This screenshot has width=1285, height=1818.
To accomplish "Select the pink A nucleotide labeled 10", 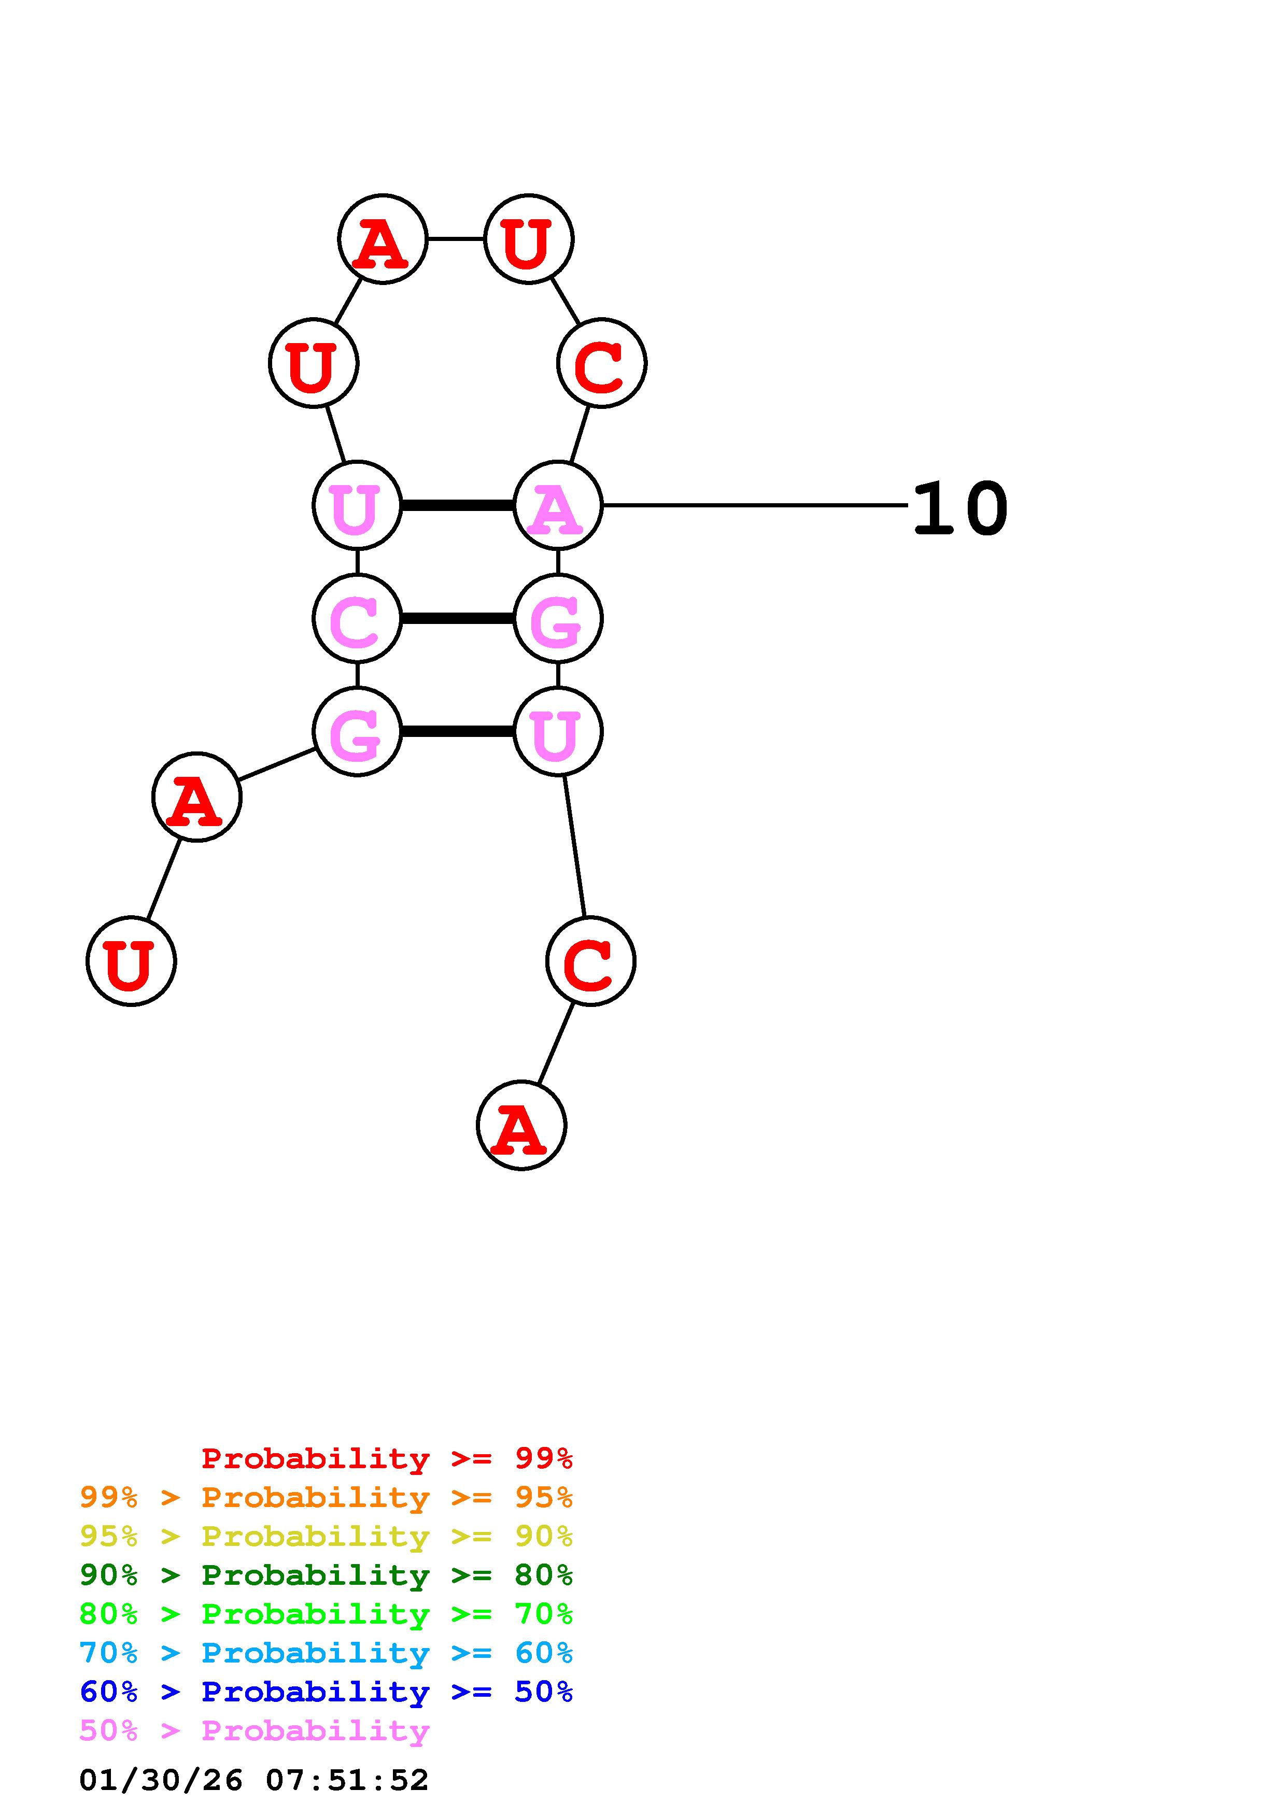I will pos(557,505).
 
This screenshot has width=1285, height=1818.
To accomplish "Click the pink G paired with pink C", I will pos(557,618).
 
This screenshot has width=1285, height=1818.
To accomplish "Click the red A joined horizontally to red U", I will pos(383,238).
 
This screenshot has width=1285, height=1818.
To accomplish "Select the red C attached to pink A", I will pos(602,363).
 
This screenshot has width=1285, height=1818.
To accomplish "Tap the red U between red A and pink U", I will pos(314,363).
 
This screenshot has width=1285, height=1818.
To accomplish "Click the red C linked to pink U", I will pos(590,961).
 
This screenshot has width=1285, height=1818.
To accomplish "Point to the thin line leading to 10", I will pos(752,505).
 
